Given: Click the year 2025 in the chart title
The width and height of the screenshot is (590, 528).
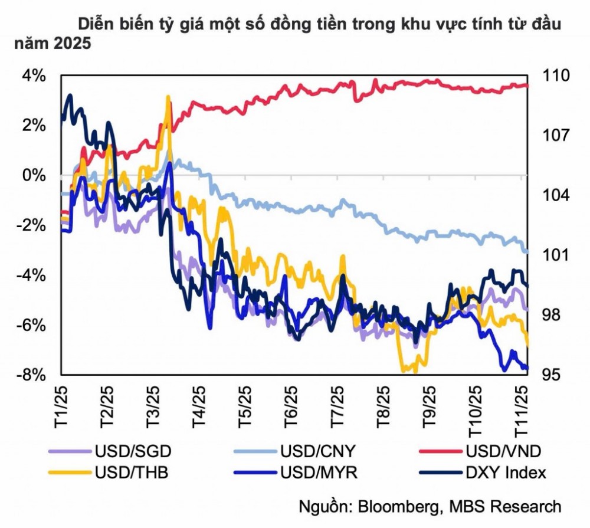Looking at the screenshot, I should tap(73, 44).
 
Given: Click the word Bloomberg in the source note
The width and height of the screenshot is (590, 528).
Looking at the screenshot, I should tap(408, 506).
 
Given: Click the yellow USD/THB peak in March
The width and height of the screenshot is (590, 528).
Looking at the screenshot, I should tap(168, 97).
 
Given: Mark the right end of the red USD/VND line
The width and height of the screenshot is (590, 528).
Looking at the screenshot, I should tap(527, 86).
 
